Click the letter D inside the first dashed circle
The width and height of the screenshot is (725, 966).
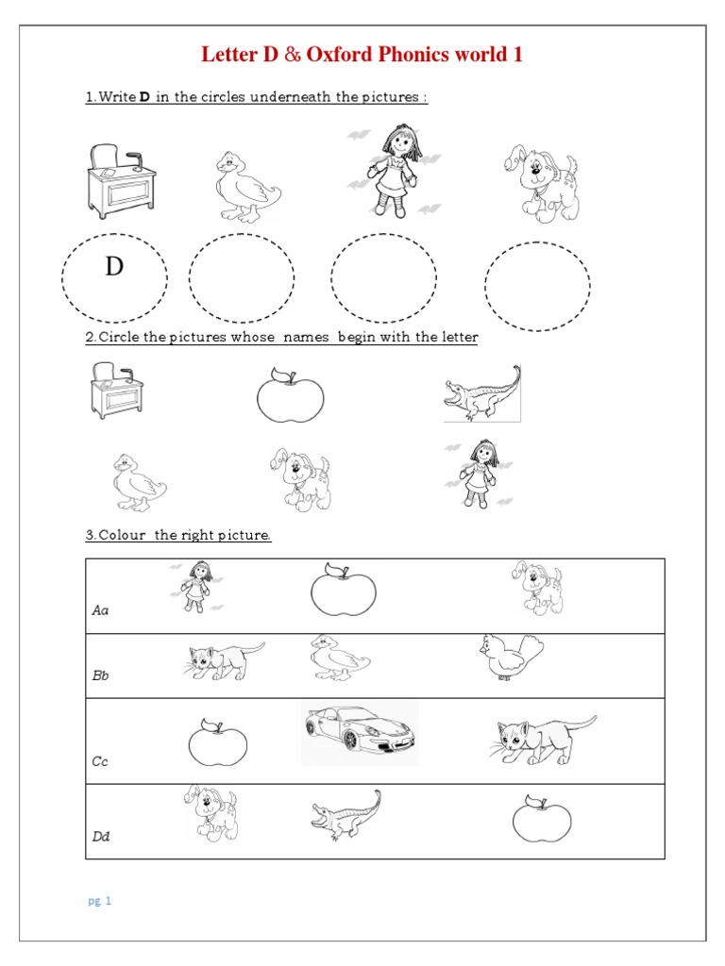tap(114, 268)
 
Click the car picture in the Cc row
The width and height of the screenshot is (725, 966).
tap(361, 731)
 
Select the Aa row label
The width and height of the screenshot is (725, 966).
tap(100, 610)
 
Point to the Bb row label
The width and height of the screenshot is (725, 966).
tap(100, 676)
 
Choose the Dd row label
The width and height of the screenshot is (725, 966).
tap(101, 836)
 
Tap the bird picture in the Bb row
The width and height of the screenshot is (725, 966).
tap(511, 658)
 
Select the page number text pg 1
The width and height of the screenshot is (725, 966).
tap(100, 901)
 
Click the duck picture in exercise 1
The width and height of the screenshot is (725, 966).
tap(244, 187)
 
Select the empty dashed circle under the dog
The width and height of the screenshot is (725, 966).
tap(537, 287)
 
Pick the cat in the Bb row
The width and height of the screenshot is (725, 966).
tap(224, 660)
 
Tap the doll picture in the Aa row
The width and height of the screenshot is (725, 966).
tap(197, 585)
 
